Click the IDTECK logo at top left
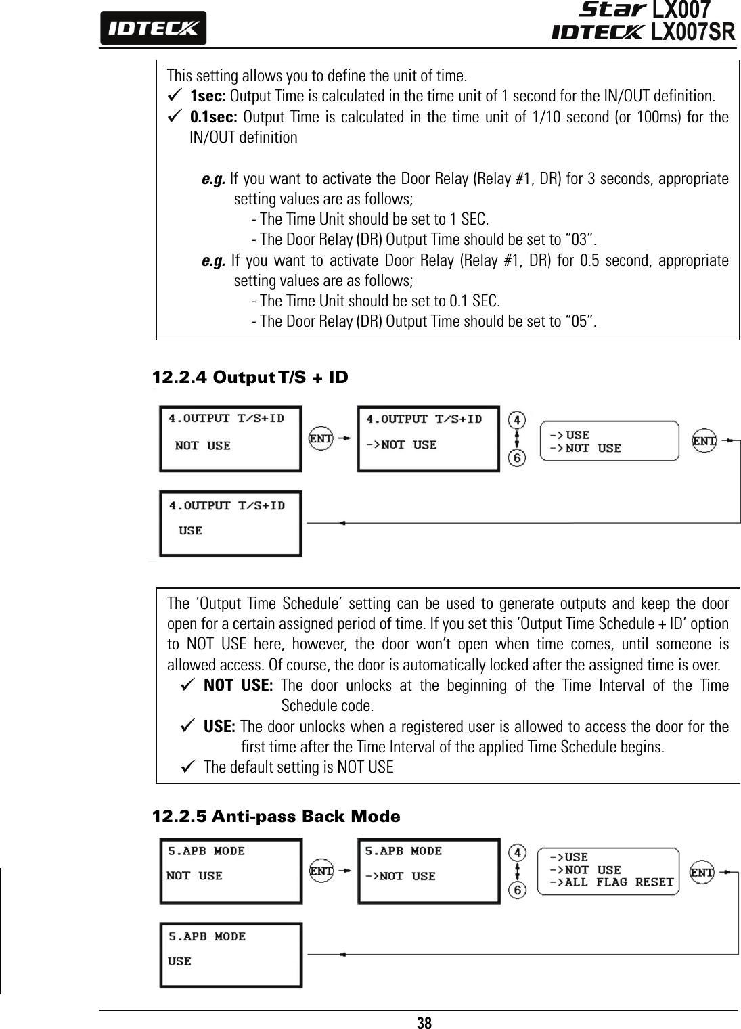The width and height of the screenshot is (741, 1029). pyautogui.click(x=153, y=28)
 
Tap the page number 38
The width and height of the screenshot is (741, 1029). pyautogui.click(x=424, y=1022)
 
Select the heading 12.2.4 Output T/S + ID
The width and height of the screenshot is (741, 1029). pyautogui.click(x=250, y=377)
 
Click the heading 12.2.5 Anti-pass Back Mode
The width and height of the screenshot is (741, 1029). pyautogui.click(x=276, y=817)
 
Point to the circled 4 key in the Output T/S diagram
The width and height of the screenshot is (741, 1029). pyautogui.click(x=517, y=419)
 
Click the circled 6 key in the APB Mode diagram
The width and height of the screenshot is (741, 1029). pyautogui.click(x=518, y=891)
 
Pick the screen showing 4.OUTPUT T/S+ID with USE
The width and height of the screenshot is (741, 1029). pyautogui.click(x=229, y=524)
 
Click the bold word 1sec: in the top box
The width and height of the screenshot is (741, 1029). pyautogui.click(x=209, y=94)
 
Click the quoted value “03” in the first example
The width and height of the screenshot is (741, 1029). pyautogui.click(x=581, y=239)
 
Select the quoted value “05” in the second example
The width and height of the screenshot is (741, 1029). pyautogui.click(x=581, y=320)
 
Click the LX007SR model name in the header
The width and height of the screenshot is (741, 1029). pyautogui.click(x=692, y=32)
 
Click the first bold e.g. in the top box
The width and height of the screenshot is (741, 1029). pyautogui.click(x=214, y=179)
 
